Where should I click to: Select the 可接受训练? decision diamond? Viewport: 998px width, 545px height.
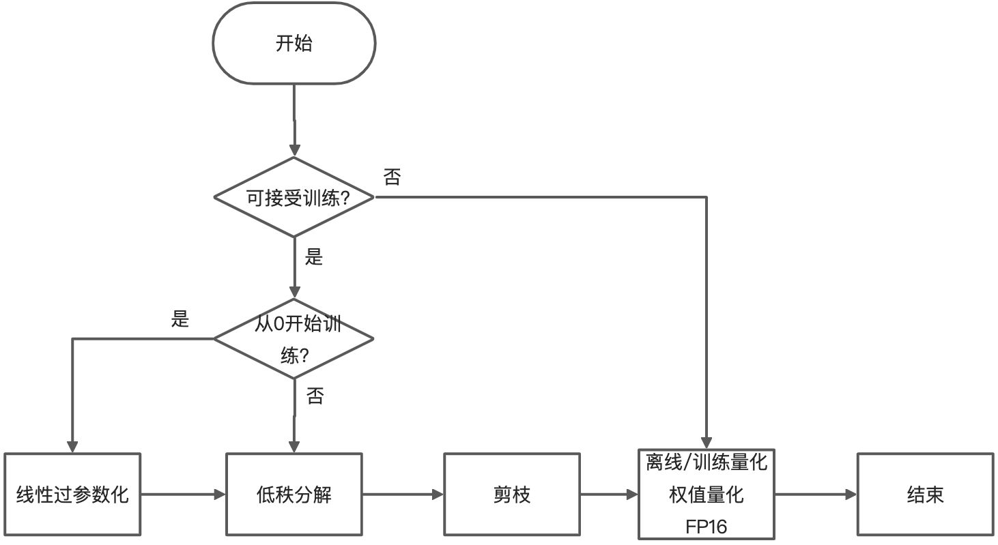[x=294, y=198]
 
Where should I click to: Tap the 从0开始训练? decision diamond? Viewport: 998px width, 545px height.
[x=294, y=339]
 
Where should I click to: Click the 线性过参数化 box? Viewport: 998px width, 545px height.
[x=72, y=495]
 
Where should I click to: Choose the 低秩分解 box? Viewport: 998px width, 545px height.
[x=294, y=495]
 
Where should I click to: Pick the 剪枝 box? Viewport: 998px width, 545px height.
[x=511, y=495]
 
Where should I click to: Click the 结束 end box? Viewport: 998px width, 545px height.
[x=925, y=495]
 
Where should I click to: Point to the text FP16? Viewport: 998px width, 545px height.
[x=707, y=527]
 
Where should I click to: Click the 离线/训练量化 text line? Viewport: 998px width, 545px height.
[x=707, y=464]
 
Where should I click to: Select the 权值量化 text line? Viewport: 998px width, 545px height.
[x=707, y=495]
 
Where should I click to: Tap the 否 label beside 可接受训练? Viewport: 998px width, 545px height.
[x=392, y=179]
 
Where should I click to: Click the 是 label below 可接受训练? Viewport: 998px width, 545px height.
[x=313, y=258]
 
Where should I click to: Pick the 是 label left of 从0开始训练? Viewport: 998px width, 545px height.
[x=180, y=319]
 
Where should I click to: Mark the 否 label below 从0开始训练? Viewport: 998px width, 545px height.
[x=314, y=396]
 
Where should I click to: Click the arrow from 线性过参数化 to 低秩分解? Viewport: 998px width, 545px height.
[x=183, y=495]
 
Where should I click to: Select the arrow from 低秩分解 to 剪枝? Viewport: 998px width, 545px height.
[x=403, y=495]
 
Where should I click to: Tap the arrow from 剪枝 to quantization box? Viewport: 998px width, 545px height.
[x=608, y=495]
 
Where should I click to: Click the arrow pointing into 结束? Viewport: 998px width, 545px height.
[x=816, y=495]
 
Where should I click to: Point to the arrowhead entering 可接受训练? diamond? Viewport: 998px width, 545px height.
[x=294, y=150]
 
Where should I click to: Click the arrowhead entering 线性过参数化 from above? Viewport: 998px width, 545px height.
[x=72, y=445]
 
